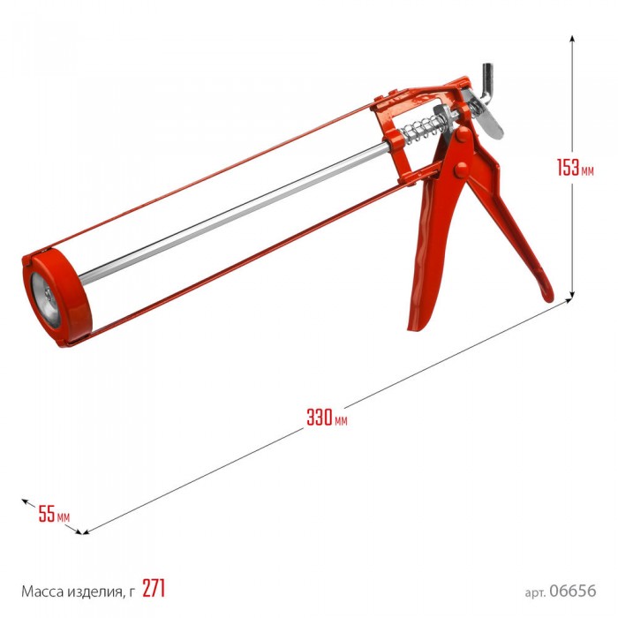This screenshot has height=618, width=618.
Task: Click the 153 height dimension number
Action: pos(568,168)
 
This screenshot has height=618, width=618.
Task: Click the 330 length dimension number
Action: pos(320,418)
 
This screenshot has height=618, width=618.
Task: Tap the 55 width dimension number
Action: pos(47,514)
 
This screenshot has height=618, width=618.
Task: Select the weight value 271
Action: pos(154,589)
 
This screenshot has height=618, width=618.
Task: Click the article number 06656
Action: pos(573,591)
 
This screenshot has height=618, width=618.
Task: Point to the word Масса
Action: pos(42,592)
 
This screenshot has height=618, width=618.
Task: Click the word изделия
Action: pos(94,592)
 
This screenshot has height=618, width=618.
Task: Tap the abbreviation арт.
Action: pos(535,592)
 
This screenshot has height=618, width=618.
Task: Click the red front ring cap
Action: pos(57,298)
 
